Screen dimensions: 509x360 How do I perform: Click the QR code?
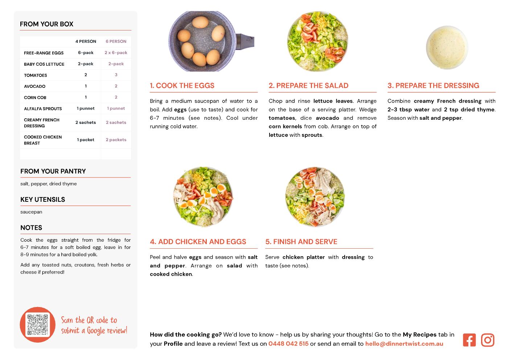[37, 324]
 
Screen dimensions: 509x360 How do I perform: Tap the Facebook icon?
[469, 340]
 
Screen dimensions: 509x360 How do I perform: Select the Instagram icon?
[488, 340]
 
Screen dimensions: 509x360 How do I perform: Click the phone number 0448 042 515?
[288, 344]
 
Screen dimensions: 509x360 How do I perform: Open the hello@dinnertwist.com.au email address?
[404, 344]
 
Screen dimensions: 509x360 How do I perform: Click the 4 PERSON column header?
[86, 41]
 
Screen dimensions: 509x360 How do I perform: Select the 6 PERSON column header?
[116, 41]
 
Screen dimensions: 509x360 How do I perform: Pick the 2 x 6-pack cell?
[116, 53]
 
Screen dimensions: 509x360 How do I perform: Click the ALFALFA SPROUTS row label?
[43, 109]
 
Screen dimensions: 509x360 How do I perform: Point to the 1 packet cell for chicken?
[86, 140]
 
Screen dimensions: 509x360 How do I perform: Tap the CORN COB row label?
[35, 98]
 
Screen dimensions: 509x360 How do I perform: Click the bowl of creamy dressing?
[447, 47]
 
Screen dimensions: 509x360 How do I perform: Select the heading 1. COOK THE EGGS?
[182, 85]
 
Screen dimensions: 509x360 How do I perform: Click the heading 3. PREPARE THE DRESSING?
[433, 85]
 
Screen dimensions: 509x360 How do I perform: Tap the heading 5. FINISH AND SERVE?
[301, 242]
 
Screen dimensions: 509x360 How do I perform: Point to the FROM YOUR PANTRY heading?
[53, 171]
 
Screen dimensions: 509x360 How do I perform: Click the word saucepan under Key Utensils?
[31, 212]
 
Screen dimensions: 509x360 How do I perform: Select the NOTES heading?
[31, 228]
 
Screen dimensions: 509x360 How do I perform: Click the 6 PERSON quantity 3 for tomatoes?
[116, 75]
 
